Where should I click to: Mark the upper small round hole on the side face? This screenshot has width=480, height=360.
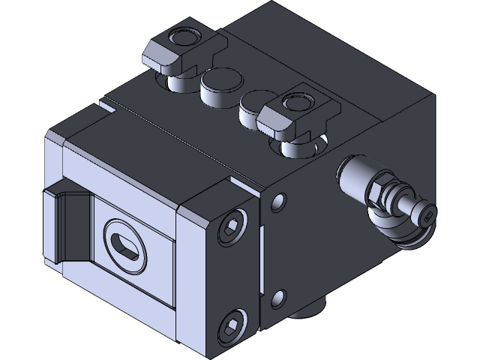(279, 202)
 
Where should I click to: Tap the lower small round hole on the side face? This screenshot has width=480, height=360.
(279, 298)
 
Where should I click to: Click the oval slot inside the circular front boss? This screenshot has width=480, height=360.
(125, 245)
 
